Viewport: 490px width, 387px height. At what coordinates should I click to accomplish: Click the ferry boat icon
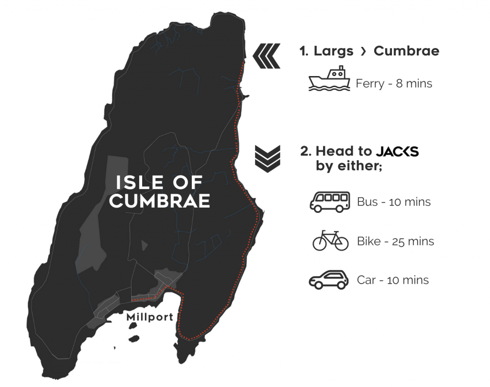point(330,79)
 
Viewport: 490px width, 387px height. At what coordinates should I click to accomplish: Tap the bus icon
point(330,201)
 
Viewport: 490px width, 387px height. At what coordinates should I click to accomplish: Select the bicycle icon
point(330,240)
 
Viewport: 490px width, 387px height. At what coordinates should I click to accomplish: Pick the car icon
point(329,280)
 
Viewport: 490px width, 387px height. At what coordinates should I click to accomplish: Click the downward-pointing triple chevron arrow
point(267,157)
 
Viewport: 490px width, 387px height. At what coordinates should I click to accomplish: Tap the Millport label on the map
point(149,317)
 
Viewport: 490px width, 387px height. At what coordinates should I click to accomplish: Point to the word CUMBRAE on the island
point(159,201)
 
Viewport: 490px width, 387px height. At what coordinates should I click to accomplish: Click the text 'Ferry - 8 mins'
point(394,84)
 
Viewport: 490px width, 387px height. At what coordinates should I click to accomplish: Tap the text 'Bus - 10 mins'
point(394,202)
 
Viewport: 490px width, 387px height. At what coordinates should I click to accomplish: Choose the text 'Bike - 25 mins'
point(395,241)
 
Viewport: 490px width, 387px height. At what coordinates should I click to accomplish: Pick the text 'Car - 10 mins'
point(393,280)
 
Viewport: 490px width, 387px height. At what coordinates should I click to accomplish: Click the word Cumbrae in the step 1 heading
point(406,51)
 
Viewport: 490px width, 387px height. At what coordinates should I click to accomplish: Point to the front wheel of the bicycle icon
point(342,243)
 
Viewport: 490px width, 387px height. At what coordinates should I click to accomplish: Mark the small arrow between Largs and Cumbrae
point(363,52)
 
